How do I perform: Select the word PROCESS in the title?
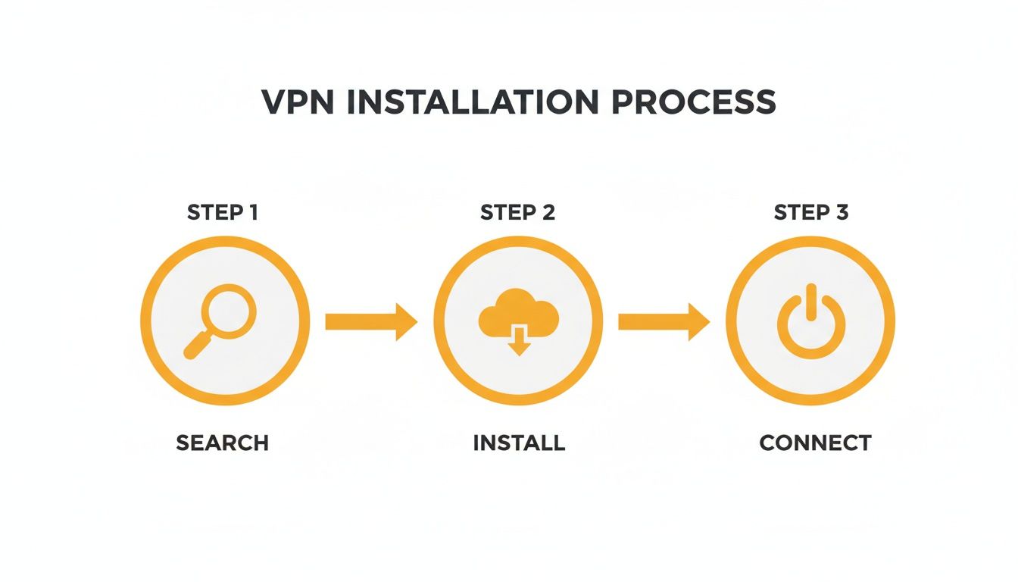tap(694, 102)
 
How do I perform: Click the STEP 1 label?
tap(223, 213)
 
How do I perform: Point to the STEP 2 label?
tap(517, 213)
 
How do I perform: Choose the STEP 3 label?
tap(810, 213)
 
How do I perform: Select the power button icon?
tap(810, 321)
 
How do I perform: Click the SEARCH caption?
tap(223, 443)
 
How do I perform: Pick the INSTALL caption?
tap(519, 443)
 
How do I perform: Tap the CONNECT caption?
tap(815, 443)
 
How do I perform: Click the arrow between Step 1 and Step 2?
tap(370, 321)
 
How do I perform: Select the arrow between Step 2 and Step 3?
tap(664, 321)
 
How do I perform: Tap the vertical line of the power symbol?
tap(810, 302)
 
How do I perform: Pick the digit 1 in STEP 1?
tap(251, 213)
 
